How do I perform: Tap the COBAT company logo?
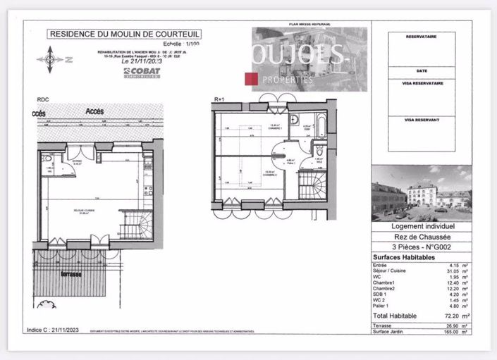[x=141, y=71]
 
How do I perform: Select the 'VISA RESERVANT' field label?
[x=422, y=120]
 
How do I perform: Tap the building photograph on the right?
[x=422, y=193]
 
